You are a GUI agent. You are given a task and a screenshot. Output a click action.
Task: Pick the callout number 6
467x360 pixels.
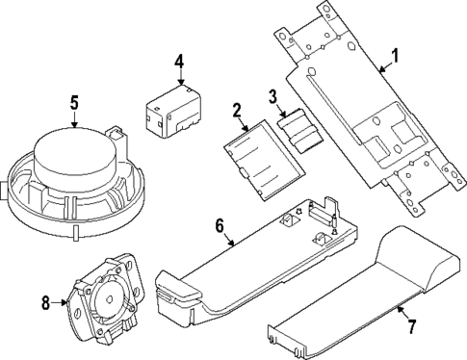click(x=221, y=226)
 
